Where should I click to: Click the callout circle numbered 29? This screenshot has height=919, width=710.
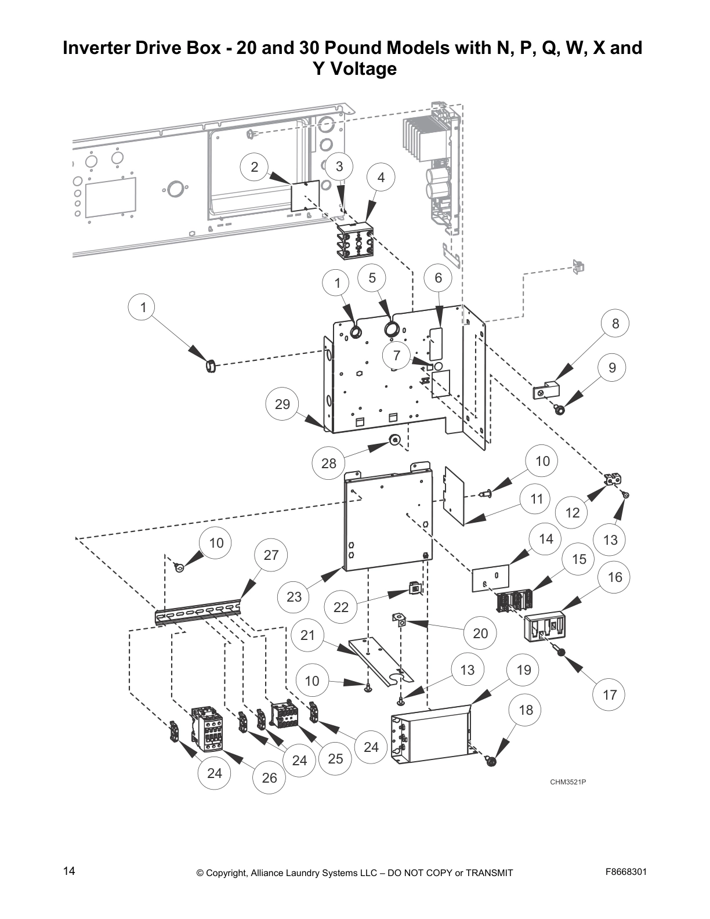pos(282,404)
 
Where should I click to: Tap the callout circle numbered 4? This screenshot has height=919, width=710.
pos(381,178)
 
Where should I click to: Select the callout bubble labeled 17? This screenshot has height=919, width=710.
pos(610,694)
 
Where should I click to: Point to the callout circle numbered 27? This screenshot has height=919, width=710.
pos(271,555)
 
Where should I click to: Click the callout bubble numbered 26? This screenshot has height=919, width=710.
pos(269,778)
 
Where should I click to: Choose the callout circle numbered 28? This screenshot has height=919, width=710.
pos(329,464)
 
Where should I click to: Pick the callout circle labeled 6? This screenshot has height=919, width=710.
pos(439,278)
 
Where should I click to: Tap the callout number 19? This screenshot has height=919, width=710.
pos(523,670)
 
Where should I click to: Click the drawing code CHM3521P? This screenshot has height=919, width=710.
pos(568,782)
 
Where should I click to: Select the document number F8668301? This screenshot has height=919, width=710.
pos(626,871)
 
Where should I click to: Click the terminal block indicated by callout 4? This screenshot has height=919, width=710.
pos(356,240)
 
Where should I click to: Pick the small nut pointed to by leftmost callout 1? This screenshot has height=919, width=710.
pos(211,366)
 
